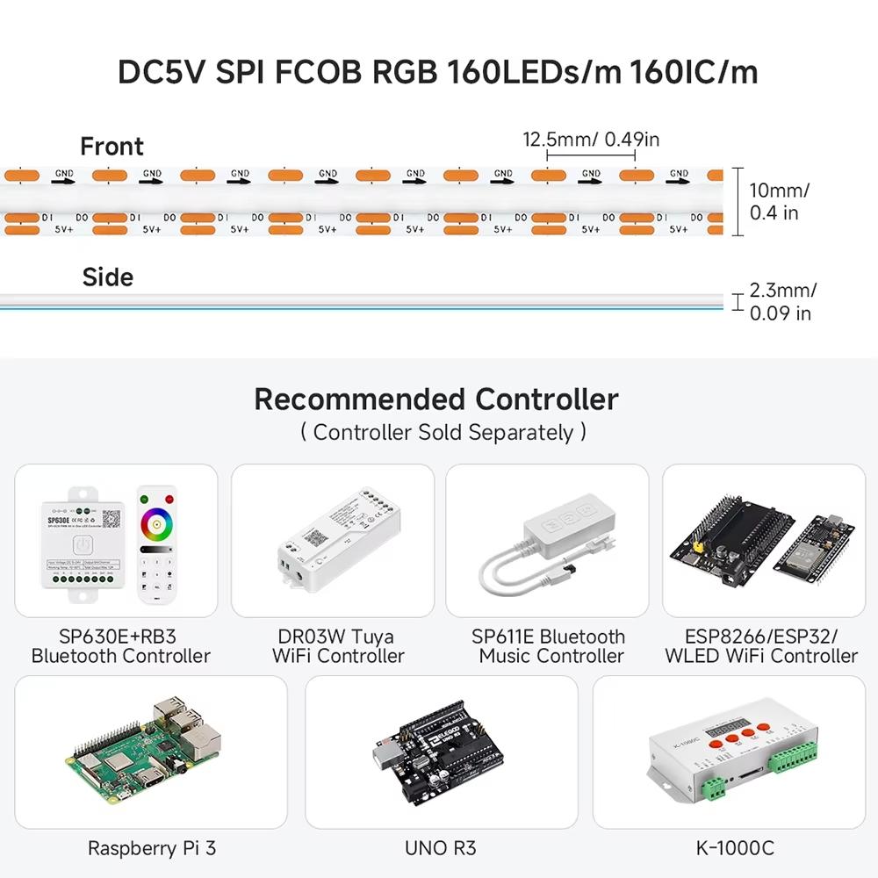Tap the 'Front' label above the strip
point(112,147)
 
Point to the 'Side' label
point(107,277)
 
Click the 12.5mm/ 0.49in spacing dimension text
point(591,139)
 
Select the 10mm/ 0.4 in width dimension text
point(779,201)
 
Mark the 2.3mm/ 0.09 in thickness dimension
point(781,301)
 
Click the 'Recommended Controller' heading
point(436,399)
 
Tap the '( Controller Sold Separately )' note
point(443,432)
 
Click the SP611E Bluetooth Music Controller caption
point(549,646)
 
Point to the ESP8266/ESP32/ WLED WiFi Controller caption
point(761,646)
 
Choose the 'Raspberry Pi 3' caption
point(152,848)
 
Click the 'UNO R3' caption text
point(441,848)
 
